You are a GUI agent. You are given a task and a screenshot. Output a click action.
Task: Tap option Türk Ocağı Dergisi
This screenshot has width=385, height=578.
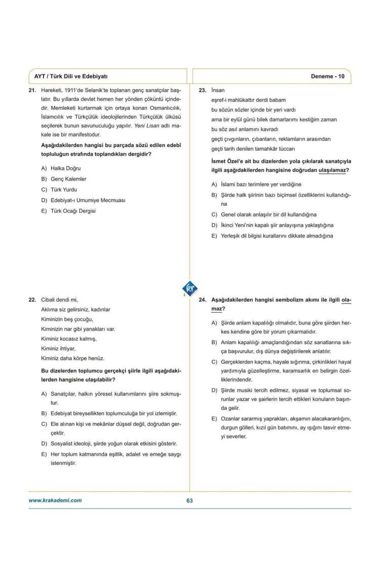73,211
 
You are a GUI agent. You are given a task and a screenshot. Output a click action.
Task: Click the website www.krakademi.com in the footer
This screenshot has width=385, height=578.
55,500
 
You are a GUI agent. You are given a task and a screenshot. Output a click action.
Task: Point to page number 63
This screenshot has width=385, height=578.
190,500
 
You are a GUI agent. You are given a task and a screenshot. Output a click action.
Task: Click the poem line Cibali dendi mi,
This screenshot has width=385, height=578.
59,299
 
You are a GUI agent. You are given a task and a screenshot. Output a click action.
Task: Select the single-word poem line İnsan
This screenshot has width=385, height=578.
218,90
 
